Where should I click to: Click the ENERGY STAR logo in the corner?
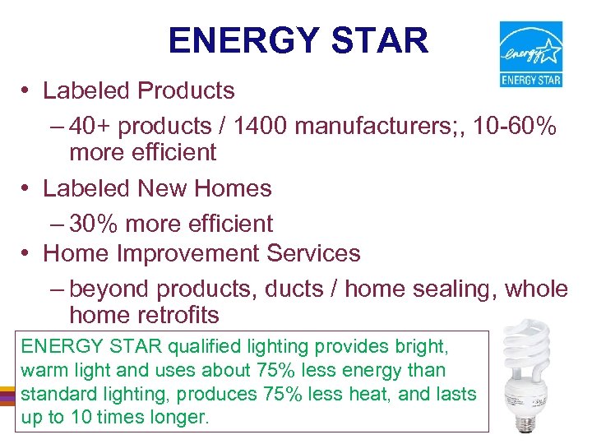click(x=531, y=53)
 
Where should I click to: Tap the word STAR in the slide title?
click(x=385, y=40)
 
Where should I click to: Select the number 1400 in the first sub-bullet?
click(x=258, y=127)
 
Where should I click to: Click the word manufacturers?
click(x=376, y=127)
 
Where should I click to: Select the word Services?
click(x=314, y=253)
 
